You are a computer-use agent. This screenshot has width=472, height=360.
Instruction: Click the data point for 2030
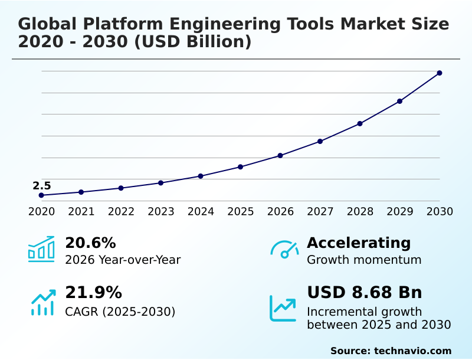pyautogui.click(x=440, y=73)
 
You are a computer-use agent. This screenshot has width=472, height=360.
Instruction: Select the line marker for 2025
pyautogui.click(x=240, y=167)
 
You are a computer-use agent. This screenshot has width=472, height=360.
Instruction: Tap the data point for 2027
pyautogui.click(x=320, y=142)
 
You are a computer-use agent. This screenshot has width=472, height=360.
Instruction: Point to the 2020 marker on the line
pyautogui.click(x=41, y=195)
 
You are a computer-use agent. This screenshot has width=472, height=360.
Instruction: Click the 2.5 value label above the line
pyautogui.click(x=41, y=186)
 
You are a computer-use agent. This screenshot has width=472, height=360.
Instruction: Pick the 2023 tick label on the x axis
pyautogui.click(x=160, y=212)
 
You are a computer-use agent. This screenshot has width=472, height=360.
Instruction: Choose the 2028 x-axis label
pyautogui.click(x=360, y=212)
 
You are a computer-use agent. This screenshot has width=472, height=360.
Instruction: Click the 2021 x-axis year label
pyautogui.click(x=81, y=212)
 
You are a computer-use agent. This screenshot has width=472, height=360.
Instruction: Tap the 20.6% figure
pyautogui.click(x=90, y=243)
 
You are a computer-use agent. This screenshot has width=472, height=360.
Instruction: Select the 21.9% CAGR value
pyautogui.click(x=93, y=293)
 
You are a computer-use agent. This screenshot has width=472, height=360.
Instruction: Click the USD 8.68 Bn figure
pyautogui.click(x=365, y=293)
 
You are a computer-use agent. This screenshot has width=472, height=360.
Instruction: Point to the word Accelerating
pyautogui.click(x=359, y=243)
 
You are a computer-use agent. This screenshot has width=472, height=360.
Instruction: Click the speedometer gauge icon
pyautogui.click(x=284, y=250)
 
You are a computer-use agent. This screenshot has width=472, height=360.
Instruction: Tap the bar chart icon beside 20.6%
pyautogui.click(x=41, y=249)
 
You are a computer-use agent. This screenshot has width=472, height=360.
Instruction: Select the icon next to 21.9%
pyautogui.click(x=42, y=302)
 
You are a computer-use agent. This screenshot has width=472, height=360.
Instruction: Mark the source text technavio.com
pyautogui.click(x=412, y=351)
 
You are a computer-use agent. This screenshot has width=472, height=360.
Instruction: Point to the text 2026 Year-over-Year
pyautogui.click(x=123, y=260)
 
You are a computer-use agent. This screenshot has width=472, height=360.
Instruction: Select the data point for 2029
pyautogui.click(x=399, y=102)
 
